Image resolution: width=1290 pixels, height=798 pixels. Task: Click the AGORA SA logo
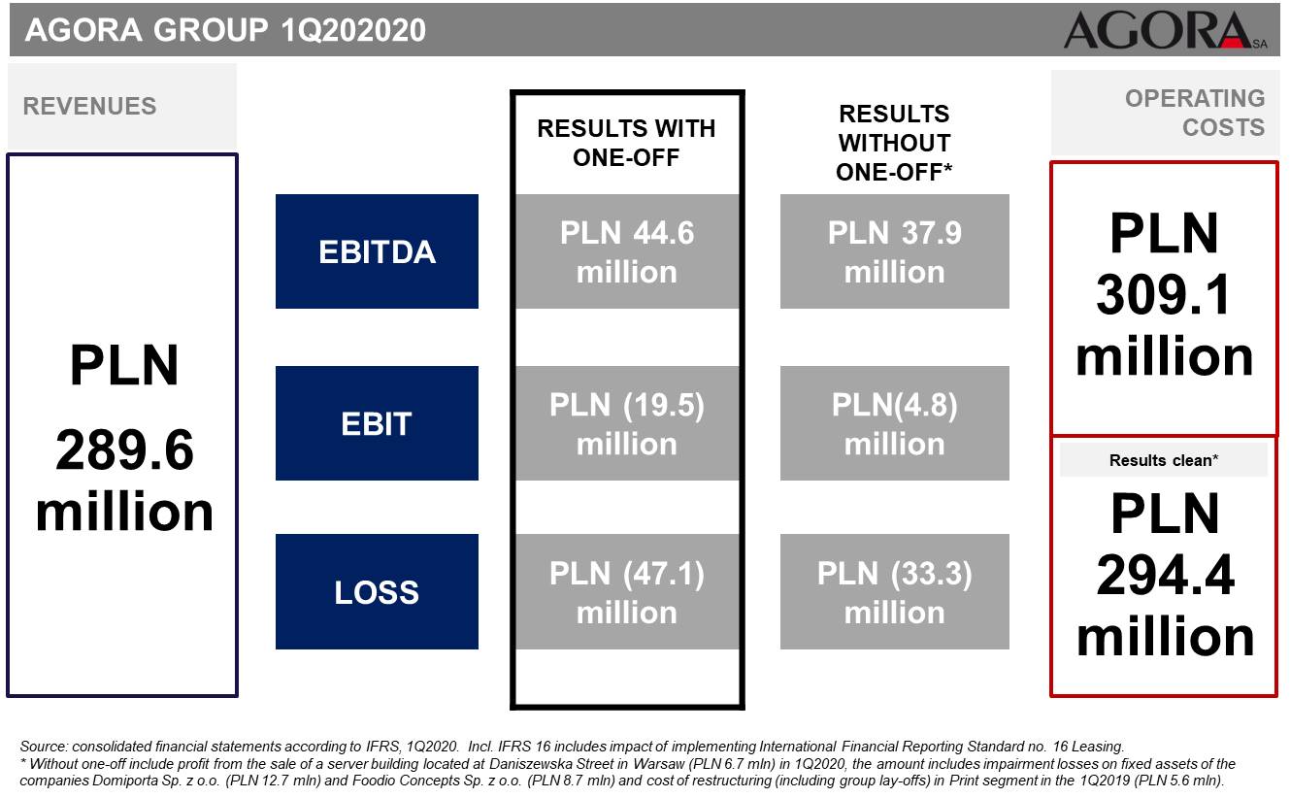pos(1165,30)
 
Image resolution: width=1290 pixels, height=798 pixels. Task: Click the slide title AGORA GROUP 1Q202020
pos(225,30)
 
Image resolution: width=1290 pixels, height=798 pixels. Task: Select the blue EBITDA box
pos(377,251)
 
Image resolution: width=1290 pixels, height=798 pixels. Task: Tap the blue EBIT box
pos(377,423)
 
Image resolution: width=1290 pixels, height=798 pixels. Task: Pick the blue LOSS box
pos(377,592)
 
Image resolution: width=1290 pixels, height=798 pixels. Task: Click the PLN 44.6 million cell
pos(627,251)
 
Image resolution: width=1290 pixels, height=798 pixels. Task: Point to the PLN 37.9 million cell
pos(894,251)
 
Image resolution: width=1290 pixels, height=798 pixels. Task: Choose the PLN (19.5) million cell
pos(627,423)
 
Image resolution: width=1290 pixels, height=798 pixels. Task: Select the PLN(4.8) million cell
pos(894,423)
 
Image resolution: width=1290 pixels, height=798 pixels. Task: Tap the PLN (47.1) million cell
pos(627,592)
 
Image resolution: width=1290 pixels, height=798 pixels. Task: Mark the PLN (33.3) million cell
pos(894,592)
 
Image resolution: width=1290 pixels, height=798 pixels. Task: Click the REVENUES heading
pos(89,106)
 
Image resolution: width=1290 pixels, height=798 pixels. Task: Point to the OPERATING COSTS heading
pos(1195,113)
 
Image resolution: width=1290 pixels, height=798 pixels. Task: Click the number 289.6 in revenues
pos(124,450)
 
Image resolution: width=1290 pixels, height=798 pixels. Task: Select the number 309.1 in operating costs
pos(1163,295)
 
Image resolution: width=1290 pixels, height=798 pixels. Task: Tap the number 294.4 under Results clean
pos(1165,575)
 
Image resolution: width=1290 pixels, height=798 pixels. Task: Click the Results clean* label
pos(1164,460)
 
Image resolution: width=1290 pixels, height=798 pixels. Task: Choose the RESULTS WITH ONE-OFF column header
pos(627,143)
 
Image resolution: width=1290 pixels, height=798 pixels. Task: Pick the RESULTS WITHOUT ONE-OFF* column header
pos(894,143)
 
